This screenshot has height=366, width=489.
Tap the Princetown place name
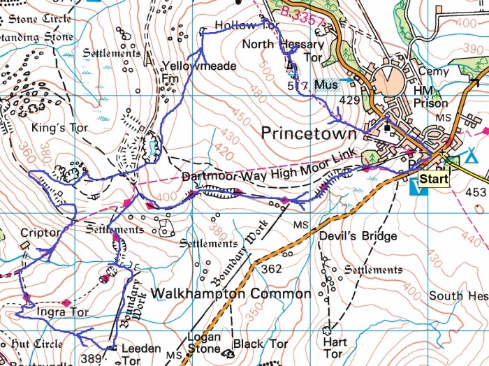pos(308,133)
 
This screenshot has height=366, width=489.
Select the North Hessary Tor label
pos(283,51)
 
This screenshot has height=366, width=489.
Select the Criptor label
pos(36,233)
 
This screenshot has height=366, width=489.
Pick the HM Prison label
pos(430,97)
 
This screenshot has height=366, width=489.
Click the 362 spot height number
pos(272,268)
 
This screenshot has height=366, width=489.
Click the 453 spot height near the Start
pos(475,192)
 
